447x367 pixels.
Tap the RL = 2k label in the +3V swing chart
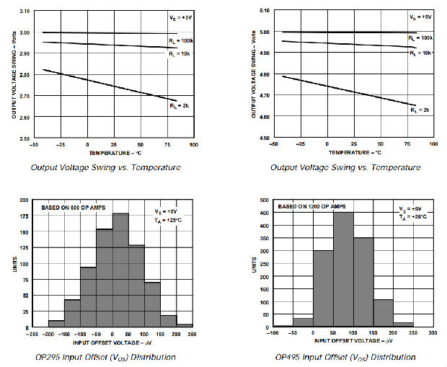pos(180,105)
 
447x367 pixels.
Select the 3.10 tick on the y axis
pos(23,12)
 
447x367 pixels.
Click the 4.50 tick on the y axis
pos(263,138)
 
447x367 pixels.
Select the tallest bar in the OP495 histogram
pos(342,269)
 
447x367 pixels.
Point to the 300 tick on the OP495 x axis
pos(432,333)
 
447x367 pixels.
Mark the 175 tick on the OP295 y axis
pos(23,216)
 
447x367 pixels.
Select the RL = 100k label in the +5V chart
pos(420,37)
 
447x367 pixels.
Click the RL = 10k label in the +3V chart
pos(179,54)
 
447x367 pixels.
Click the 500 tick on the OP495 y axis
pos(264,200)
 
